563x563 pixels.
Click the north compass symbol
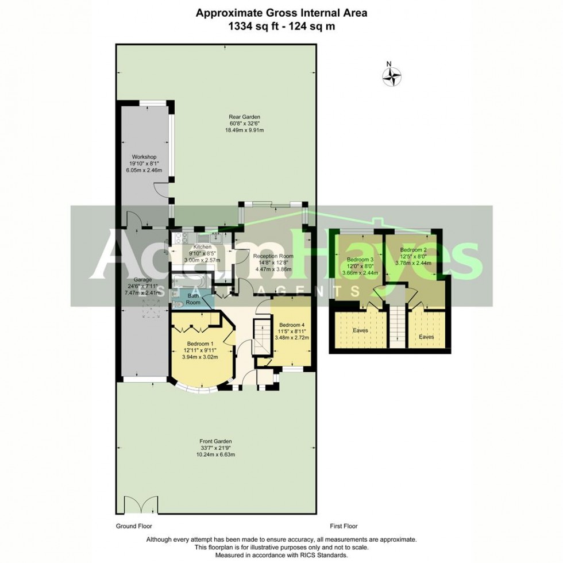[x=392, y=75]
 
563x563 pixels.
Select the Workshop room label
[x=144, y=157]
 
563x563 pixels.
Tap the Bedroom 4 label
[x=292, y=325]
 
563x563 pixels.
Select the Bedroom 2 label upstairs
[x=413, y=250]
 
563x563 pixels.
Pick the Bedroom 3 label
[x=360, y=260]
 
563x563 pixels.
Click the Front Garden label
[x=216, y=441]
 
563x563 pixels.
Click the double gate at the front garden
[x=141, y=505]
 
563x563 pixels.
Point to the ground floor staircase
[x=263, y=336]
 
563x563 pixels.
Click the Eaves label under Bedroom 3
[x=360, y=331]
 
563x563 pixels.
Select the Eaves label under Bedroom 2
[x=426, y=337]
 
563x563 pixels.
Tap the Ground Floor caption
[x=133, y=526]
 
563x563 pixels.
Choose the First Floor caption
[x=344, y=526]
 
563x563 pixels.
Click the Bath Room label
[x=193, y=299]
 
